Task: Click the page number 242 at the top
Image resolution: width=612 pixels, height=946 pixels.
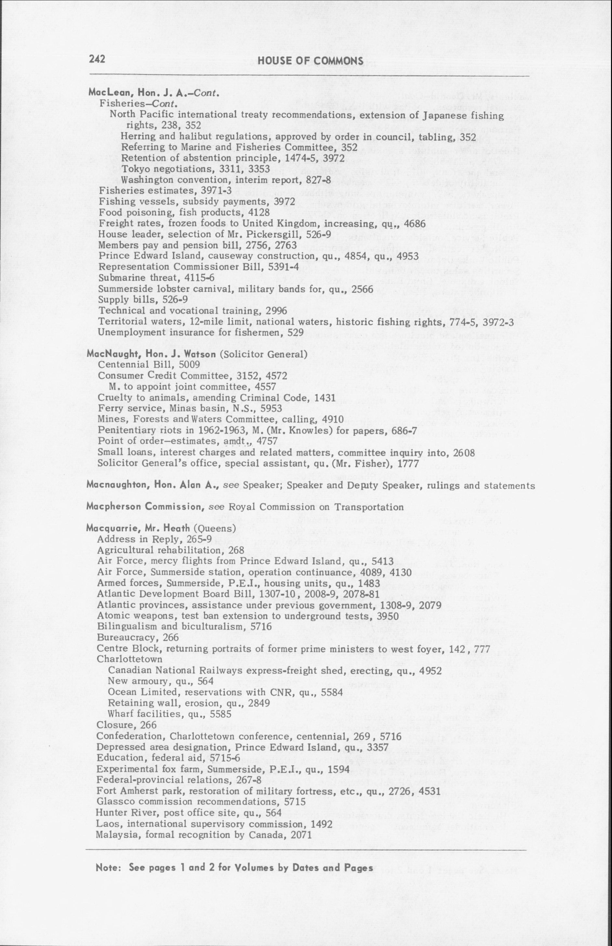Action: click(97, 59)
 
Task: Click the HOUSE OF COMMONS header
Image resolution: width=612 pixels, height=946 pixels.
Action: click(310, 60)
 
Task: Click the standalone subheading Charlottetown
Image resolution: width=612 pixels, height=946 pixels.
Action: click(130, 659)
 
